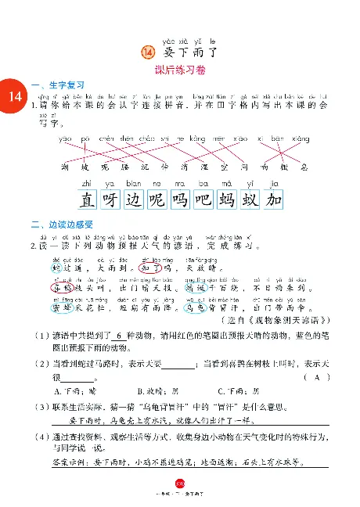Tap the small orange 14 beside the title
(x=148, y=52)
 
